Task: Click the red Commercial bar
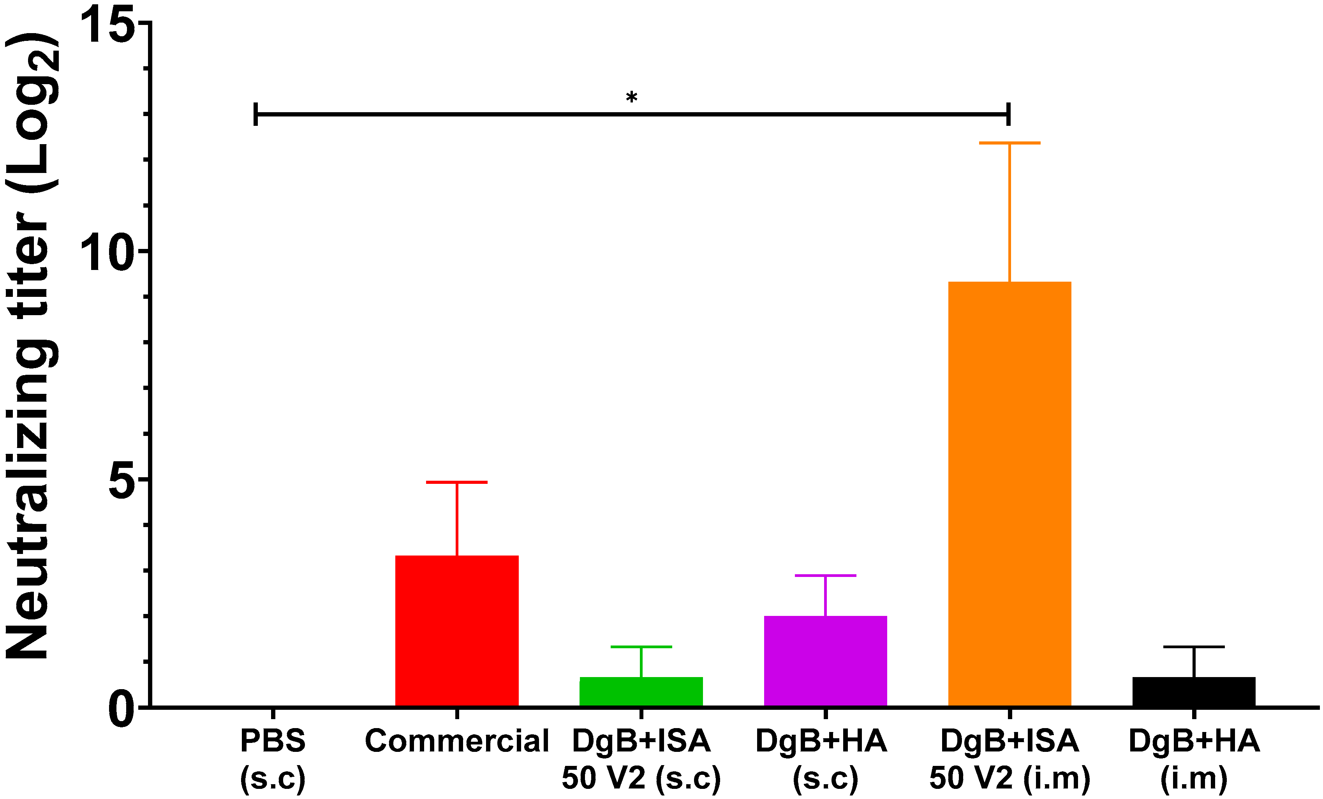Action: [x=456, y=631]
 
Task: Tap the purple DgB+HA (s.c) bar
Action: [x=825, y=661]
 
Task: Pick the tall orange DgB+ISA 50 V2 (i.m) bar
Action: [x=1009, y=494]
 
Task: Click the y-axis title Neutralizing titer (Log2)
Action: [x=32, y=346]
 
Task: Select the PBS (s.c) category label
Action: [x=273, y=759]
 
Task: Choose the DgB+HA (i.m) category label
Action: [x=1194, y=759]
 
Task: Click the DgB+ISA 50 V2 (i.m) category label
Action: [x=1009, y=759]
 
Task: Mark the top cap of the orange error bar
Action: [x=1009, y=143]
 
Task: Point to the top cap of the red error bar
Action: [x=456, y=482]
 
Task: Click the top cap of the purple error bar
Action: [x=825, y=575]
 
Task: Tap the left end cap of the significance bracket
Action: [x=255, y=114]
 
